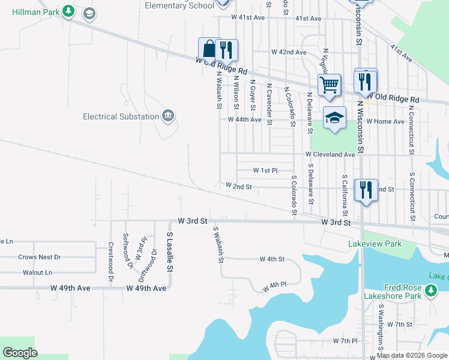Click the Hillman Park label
point(31,11)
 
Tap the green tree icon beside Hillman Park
point(68,11)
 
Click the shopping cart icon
point(330,85)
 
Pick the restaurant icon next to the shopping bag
point(226,50)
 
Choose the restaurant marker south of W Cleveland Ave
point(366,190)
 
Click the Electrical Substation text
point(121,116)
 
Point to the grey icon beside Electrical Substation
point(168,116)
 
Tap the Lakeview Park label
point(375,244)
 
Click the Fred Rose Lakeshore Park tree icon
point(430,291)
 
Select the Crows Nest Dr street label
point(40,257)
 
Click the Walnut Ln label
point(35,272)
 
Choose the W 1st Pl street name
point(265,170)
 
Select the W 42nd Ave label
point(289,52)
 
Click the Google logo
point(20,353)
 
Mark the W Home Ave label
point(385,121)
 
